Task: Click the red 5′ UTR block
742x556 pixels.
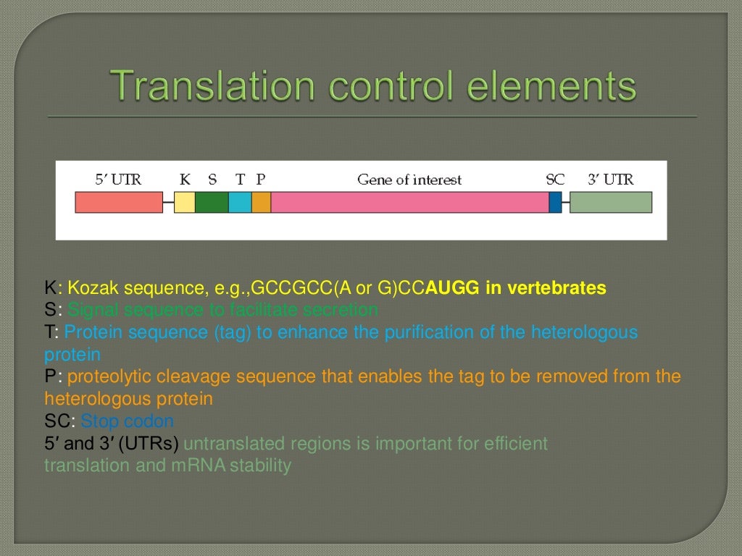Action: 119,202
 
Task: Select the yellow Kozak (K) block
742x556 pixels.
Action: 185,202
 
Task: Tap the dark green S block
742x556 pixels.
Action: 212,202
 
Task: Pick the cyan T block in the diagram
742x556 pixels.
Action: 240,202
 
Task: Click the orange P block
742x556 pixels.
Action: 261,202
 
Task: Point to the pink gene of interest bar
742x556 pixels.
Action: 409,202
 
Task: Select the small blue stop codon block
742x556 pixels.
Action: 555,202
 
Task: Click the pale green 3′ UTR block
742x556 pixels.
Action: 610,202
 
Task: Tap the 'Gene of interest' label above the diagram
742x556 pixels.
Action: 409,180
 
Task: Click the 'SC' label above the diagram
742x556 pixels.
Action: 555,180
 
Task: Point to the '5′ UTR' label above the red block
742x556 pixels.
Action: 119,180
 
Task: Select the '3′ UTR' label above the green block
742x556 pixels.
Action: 610,180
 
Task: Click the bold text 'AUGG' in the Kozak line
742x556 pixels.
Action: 454,288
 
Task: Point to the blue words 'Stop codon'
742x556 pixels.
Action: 128,421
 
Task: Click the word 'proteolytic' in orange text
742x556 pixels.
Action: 109,376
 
